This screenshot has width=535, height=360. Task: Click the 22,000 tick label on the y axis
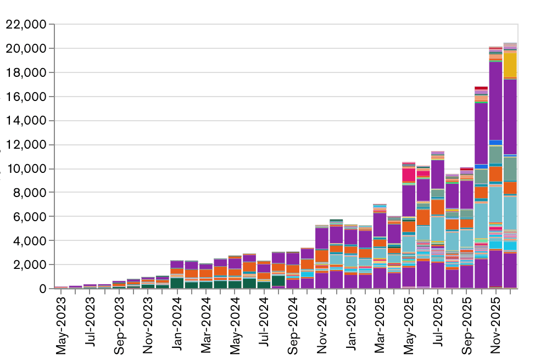click(26, 25)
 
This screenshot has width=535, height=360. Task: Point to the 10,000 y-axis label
click(26, 169)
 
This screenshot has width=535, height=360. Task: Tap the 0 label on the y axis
click(43, 289)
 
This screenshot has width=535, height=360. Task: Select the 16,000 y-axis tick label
click(26, 97)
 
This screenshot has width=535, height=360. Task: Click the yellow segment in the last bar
click(510, 65)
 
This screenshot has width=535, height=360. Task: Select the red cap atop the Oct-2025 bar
click(481, 88)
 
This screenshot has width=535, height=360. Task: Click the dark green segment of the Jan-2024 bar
click(177, 283)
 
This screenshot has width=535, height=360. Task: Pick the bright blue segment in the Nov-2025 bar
click(496, 143)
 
